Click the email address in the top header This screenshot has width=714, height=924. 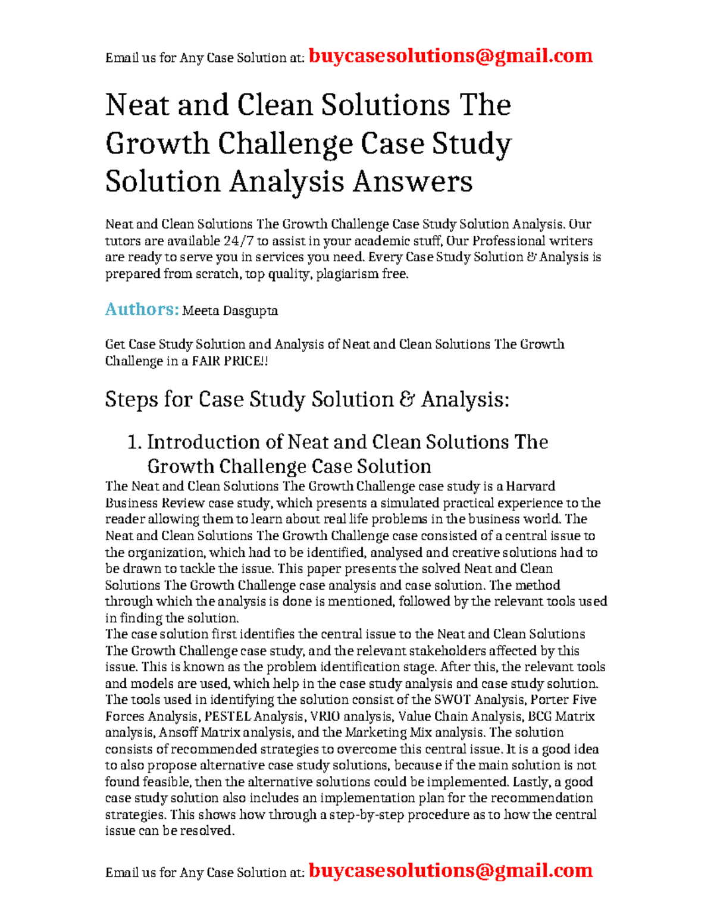click(x=450, y=56)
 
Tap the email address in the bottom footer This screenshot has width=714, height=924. click(x=450, y=870)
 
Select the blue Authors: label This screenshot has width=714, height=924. click(x=142, y=309)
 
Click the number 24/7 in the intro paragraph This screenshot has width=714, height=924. click(x=238, y=241)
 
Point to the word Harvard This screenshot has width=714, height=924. click(x=528, y=486)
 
